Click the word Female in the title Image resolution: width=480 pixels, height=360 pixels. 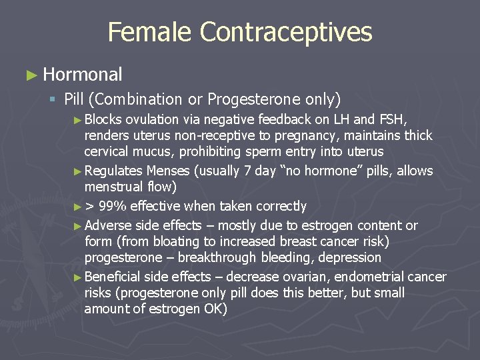coord(150,32)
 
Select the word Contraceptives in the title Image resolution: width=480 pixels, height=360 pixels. coord(285,32)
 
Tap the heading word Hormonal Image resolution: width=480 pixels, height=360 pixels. coord(83,75)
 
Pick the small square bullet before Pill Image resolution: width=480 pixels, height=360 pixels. coord(51,101)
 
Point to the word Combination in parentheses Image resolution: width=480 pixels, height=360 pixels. coord(134,100)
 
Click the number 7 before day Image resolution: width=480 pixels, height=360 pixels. coord(247,171)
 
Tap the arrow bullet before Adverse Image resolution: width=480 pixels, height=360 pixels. coord(79,226)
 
